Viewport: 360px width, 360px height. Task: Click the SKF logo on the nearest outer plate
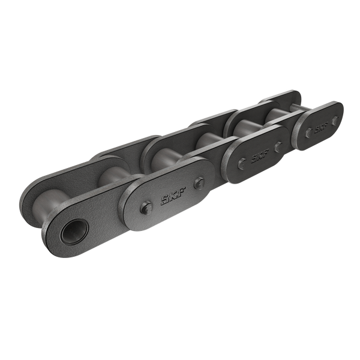[x=171, y=196]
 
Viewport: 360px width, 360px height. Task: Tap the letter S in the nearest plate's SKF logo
[x=163, y=200]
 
